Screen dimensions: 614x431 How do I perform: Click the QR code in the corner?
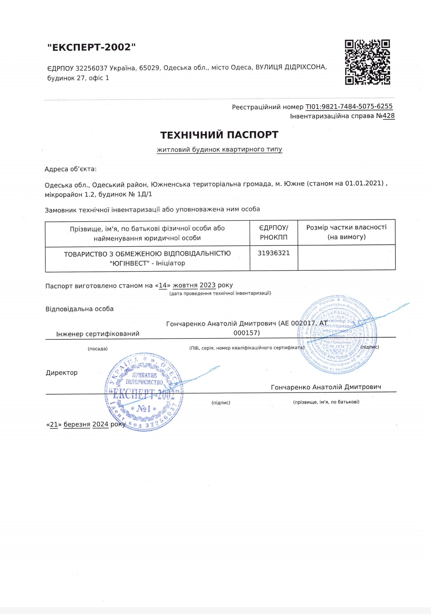(367, 62)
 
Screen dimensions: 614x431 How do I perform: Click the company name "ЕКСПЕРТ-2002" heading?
(91, 47)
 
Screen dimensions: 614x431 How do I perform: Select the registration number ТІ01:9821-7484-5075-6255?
(349, 107)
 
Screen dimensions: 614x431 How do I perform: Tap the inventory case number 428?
(388, 116)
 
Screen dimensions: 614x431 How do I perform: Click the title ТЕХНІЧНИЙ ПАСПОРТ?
(219, 135)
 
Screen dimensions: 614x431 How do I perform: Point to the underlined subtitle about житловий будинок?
(219, 149)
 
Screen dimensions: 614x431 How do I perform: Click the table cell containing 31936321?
(274, 253)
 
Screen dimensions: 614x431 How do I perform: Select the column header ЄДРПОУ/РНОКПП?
(274, 232)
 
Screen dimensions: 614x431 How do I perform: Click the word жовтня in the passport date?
(185, 285)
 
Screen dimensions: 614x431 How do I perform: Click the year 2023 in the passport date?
(208, 285)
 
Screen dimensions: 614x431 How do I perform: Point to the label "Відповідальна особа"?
(79, 309)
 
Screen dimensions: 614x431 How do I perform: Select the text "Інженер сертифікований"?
(98, 334)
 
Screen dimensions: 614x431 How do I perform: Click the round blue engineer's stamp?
(338, 335)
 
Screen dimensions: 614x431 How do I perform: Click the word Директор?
(62, 373)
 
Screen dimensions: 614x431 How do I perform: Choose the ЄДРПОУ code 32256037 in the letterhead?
(91, 68)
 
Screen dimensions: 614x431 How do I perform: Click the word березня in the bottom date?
(77, 424)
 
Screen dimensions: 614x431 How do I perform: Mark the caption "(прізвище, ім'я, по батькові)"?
(326, 402)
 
